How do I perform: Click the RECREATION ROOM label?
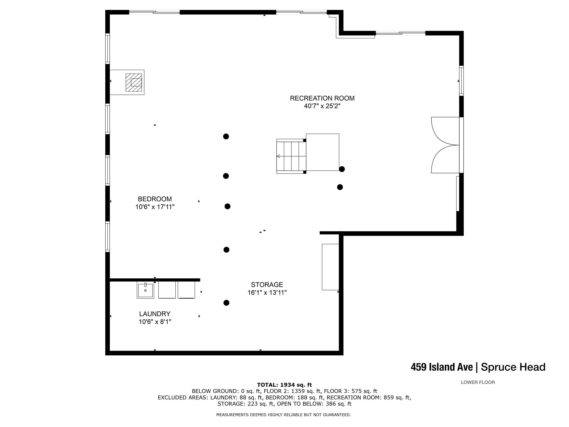click(322, 98)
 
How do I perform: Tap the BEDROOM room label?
click(155, 199)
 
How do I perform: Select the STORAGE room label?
click(267, 285)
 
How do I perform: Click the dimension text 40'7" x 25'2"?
click(322, 106)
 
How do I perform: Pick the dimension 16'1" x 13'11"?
click(267, 293)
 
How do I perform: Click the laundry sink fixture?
click(145, 290)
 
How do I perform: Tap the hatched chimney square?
click(134, 82)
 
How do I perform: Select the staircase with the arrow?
click(291, 156)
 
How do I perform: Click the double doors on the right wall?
click(445, 145)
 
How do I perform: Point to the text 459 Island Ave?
click(442, 367)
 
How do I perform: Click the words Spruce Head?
click(513, 367)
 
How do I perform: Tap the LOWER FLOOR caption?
click(478, 382)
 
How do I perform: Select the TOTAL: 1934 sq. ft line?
click(284, 385)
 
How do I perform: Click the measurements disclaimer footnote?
click(284, 415)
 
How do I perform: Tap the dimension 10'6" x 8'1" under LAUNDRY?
click(155, 322)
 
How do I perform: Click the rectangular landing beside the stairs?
click(323, 152)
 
